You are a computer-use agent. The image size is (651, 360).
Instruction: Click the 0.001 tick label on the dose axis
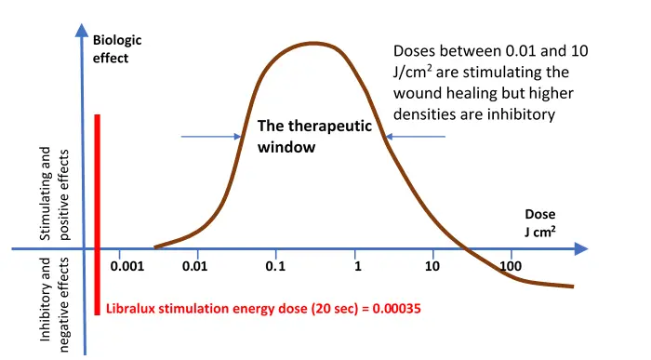pyautogui.click(x=126, y=267)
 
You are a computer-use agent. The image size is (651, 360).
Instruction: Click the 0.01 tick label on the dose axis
pyautogui.click(x=195, y=267)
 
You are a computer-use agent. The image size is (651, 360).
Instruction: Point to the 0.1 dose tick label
pyautogui.click(x=275, y=267)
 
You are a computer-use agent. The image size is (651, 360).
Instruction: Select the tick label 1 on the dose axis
pyautogui.click(x=357, y=267)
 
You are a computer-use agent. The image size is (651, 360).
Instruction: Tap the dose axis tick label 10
pyautogui.click(x=432, y=267)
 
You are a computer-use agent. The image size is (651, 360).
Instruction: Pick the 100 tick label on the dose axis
pyautogui.click(x=511, y=267)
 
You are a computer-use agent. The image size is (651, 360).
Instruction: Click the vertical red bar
pyautogui.click(x=97, y=214)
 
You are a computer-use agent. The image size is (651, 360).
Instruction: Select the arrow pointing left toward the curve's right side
pyautogui.click(x=415, y=137)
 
